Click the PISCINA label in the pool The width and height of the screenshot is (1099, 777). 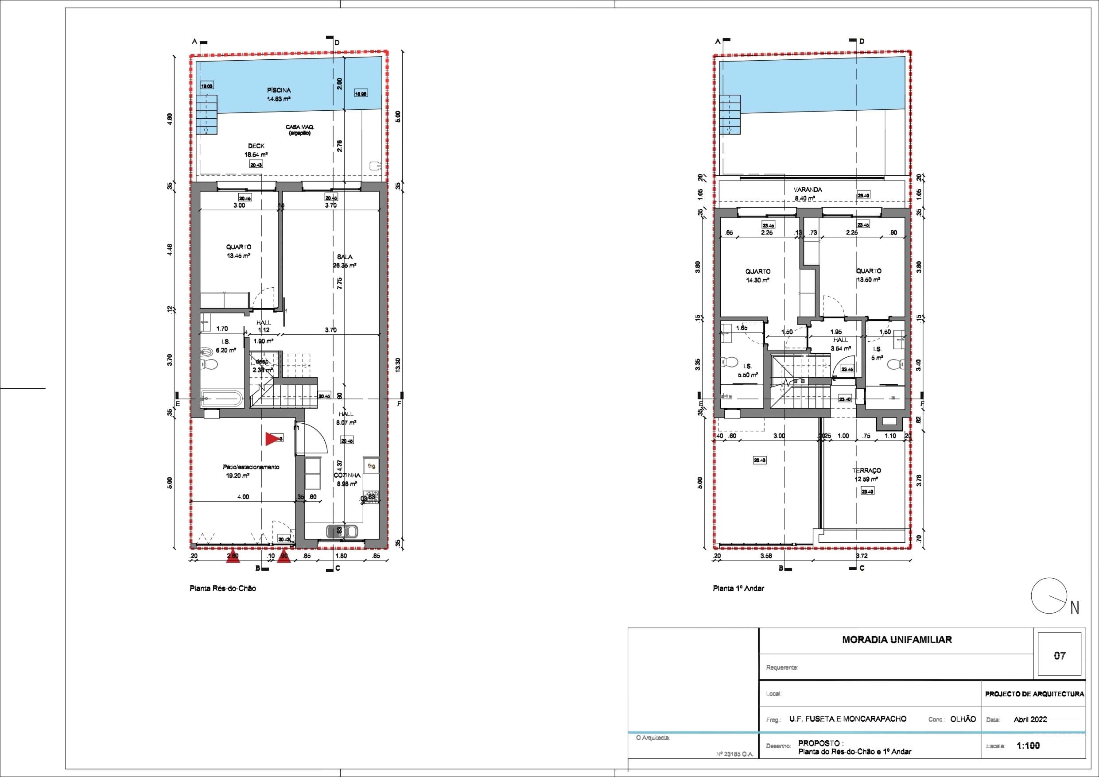click(x=279, y=90)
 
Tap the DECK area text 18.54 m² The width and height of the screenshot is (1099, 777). click(x=256, y=155)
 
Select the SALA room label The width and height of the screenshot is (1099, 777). click(x=345, y=257)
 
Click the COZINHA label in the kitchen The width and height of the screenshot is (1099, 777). click(x=347, y=475)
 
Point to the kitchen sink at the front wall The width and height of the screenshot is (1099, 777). click(x=341, y=531)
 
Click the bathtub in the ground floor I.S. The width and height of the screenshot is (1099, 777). click(x=221, y=398)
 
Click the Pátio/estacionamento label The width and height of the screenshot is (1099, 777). click(x=251, y=467)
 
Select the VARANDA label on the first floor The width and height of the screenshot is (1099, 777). click(x=808, y=190)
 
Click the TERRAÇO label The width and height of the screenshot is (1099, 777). click(x=866, y=471)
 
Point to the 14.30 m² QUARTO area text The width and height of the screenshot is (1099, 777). click(x=758, y=280)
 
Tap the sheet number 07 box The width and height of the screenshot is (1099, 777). click(x=1060, y=656)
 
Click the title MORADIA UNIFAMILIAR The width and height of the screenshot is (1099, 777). click(x=897, y=640)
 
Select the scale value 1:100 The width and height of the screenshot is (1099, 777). click(x=1028, y=746)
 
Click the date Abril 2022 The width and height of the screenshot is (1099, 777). click(x=1030, y=719)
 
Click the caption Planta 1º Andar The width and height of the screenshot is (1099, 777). click(x=738, y=588)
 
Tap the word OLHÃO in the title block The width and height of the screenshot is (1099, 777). click(x=963, y=719)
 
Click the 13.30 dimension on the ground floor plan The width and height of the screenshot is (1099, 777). click(x=398, y=365)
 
